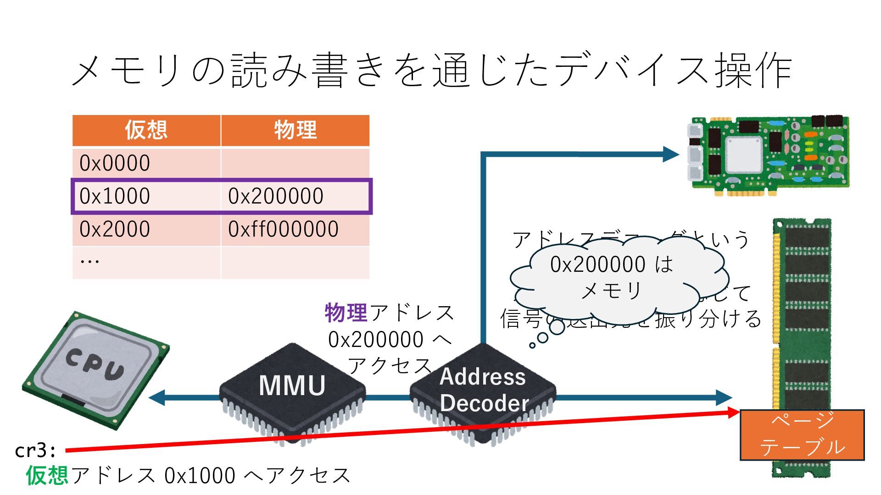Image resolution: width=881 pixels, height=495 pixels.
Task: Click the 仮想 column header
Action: [146, 130]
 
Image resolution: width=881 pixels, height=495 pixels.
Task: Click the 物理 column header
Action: [295, 130]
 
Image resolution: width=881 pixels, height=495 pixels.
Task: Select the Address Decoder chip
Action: [483, 392]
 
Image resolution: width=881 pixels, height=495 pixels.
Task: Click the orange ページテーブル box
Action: [802, 434]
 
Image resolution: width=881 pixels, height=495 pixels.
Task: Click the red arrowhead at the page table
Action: [733, 412]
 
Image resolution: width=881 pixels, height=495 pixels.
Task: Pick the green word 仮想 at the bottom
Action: [47, 475]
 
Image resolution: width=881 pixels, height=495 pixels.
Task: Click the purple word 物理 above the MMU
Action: [346, 313]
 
